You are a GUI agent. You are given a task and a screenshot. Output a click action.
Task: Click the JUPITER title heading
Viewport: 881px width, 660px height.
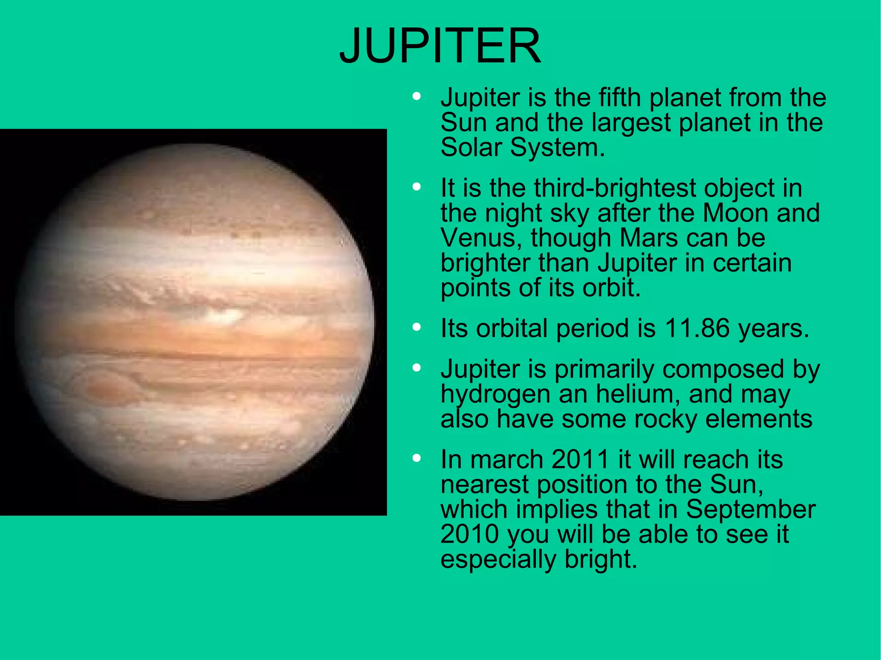440,46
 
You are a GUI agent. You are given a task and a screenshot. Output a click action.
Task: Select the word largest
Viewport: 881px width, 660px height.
631,123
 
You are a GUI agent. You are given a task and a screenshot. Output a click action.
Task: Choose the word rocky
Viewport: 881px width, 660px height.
665,419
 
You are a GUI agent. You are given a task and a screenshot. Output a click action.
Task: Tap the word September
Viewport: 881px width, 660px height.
750,510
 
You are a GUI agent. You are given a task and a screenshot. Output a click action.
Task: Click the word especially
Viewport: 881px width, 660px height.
498,560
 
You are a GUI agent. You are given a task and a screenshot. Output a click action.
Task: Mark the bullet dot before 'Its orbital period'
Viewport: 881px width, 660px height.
416,328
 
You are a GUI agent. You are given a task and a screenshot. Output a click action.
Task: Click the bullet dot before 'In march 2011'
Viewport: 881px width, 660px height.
416,458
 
